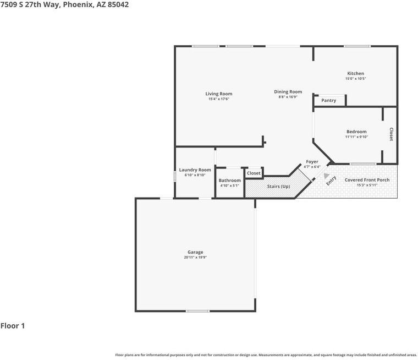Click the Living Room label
pyautogui.click(x=219, y=94)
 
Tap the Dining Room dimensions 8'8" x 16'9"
pyautogui.click(x=288, y=97)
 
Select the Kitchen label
pyautogui.click(x=355, y=73)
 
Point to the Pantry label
pyautogui.click(x=328, y=100)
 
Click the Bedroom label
pyautogui.click(x=356, y=132)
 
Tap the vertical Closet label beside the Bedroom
pyautogui.click(x=391, y=134)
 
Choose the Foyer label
pyautogui.click(x=312, y=162)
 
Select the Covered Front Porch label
pyautogui.click(x=367, y=180)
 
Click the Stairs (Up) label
pyautogui.click(x=278, y=187)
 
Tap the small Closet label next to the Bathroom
pyautogui.click(x=254, y=173)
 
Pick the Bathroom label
pyautogui.click(x=229, y=181)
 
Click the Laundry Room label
pyautogui.click(x=195, y=170)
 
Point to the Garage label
pyautogui.click(x=195, y=252)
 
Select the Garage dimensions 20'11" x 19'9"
pyautogui.click(x=195, y=257)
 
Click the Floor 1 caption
pyautogui.click(x=13, y=326)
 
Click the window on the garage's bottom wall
pyautogui.click(x=197, y=311)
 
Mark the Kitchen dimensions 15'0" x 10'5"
pyautogui.click(x=355, y=79)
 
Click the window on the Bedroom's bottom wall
pyautogui.click(x=363, y=163)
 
